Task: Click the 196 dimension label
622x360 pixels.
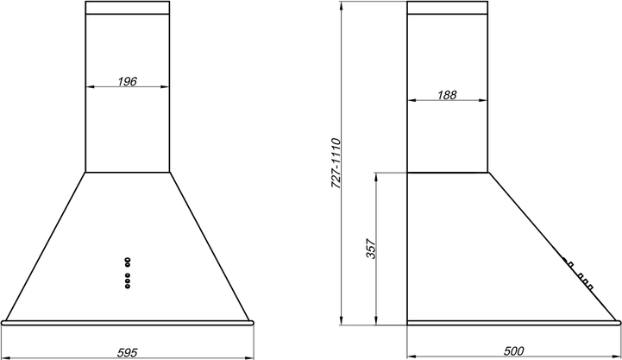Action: pos(128,81)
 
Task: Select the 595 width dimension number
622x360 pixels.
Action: pos(128,352)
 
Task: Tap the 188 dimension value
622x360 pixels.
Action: pos(447,95)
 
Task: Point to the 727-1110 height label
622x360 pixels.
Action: pos(336,163)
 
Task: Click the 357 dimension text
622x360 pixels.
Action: pos(370,249)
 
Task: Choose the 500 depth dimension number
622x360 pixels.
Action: pos(513,351)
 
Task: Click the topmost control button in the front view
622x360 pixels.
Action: pos(128,260)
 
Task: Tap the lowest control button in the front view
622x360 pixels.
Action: pos(128,286)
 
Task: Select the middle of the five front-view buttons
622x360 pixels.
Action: pos(128,275)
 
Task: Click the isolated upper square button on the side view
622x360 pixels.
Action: pos(571,264)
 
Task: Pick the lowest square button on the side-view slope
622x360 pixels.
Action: pos(590,287)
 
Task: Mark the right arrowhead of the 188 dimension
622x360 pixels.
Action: pos(483,100)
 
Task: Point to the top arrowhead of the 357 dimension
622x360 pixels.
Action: pos(376,177)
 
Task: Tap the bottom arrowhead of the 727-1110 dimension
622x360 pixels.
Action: pos(342,320)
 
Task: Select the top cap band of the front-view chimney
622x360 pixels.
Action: pos(128,8)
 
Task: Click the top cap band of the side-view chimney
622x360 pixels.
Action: pos(447,8)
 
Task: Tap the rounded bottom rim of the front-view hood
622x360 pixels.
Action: pos(128,323)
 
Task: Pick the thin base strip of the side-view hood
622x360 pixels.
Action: pos(513,323)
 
